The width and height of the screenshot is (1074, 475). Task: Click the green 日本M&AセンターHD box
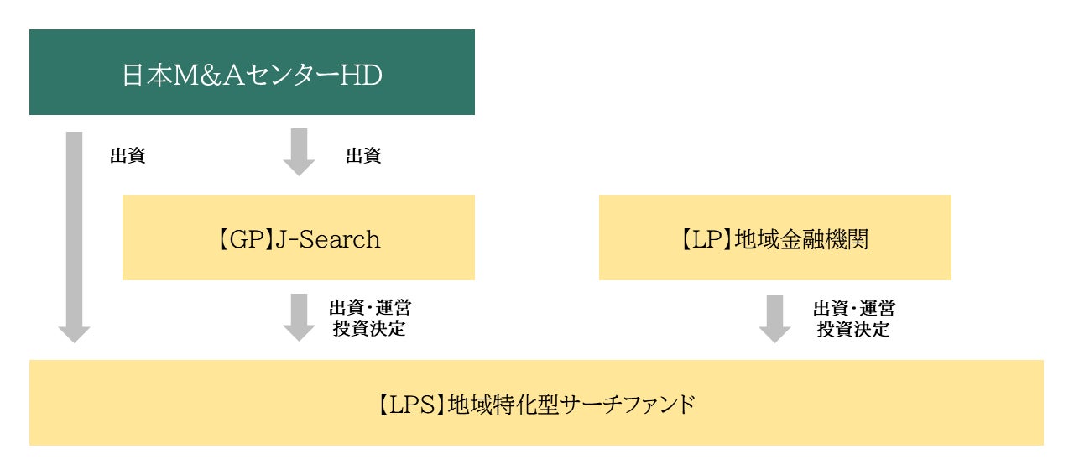(x=252, y=72)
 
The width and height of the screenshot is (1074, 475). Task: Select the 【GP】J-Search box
(x=298, y=237)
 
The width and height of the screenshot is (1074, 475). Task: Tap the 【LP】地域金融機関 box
(x=774, y=237)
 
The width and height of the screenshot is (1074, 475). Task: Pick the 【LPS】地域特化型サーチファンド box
(x=536, y=403)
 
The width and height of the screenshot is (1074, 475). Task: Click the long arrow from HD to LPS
(x=74, y=235)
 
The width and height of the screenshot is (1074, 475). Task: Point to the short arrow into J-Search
(x=298, y=151)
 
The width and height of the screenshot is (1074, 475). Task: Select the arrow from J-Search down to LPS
(x=298, y=316)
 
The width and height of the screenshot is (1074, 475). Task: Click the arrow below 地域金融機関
(x=774, y=318)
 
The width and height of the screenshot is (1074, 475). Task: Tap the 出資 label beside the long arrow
(x=128, y=156)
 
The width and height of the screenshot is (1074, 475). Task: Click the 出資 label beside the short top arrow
(x=363, y=156)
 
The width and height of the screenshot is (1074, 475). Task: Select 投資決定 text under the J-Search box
(x=369, y=329)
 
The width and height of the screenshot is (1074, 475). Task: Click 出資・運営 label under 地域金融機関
(x=853, y=309)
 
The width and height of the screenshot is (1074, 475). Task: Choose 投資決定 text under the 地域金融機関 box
(x=853, y=329)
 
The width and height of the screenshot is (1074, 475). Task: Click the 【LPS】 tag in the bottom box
(x=408, y=405)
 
